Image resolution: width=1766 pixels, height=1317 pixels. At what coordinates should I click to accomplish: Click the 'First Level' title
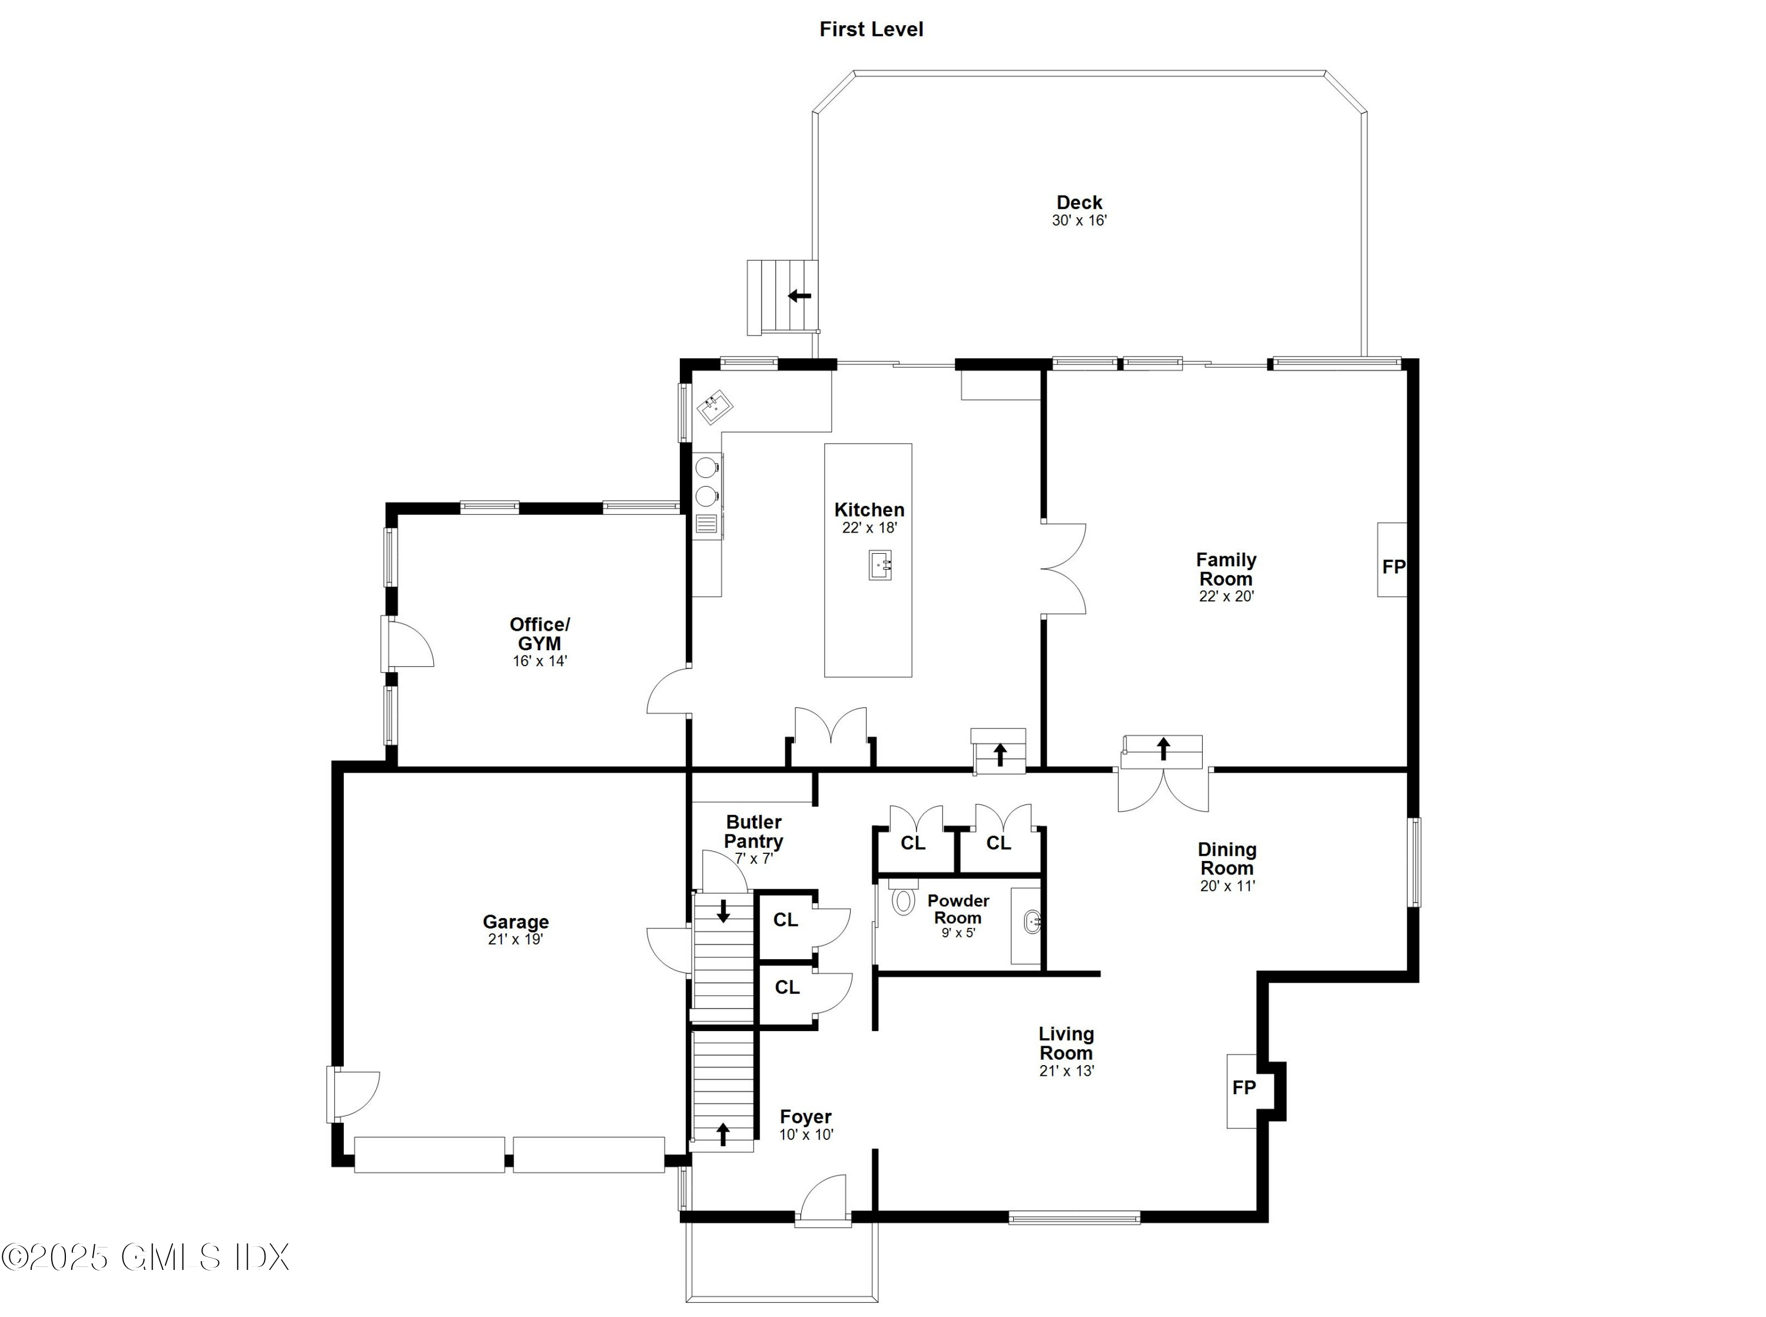pos(871,29)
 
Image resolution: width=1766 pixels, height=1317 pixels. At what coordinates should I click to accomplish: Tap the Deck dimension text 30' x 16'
pos(1079,221)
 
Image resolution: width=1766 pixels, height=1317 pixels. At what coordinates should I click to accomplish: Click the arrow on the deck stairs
pos(799,296)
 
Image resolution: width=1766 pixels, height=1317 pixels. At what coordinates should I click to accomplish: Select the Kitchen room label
pos(869,510)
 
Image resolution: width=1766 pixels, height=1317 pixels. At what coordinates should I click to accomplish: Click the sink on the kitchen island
pos(879,565)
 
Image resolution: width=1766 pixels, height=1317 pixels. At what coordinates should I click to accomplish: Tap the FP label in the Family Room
pos(1393,567)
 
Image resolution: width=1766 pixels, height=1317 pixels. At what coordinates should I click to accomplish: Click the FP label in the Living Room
pos(1243,1088)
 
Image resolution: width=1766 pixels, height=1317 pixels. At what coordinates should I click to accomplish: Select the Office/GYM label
pos(540,634)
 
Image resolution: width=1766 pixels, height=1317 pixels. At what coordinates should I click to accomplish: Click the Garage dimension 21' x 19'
pos(515,940)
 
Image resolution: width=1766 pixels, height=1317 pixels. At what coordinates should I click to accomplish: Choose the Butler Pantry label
pos(753,832)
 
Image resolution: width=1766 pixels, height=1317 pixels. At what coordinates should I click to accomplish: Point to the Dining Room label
pos(1226,859)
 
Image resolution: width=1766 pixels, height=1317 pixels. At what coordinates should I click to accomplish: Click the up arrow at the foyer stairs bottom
pos(723,1133)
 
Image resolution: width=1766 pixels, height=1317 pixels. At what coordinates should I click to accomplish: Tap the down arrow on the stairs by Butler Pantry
pos(723,910)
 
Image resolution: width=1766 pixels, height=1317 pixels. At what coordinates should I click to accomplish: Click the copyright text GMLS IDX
pos(145,1257)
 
